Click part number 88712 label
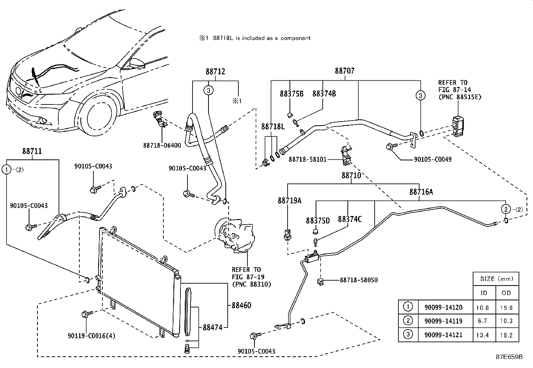pyautogui.click(x=215, y=71)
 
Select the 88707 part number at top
pyautogui.click(x=345, y=71)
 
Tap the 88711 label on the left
pyautogui.click(x=32, y=151)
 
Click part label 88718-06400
pyautogui.click(x=162, y=145)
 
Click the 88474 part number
pyautogui.click(x=213, y=327)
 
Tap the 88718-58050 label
pyautogui.click(x=359, y=280)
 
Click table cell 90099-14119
pyautogui.click(x=443, y=321)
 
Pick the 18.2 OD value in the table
pyautogui.click(x=506, y=335)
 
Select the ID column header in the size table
pyautogui.click(x=484, y=293)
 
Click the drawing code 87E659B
pyautogui.click(x=509, y=357)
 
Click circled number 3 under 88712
pyautogui.click(x=208, y=90)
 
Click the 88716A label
pyautogui.click(x=421, y=192)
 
